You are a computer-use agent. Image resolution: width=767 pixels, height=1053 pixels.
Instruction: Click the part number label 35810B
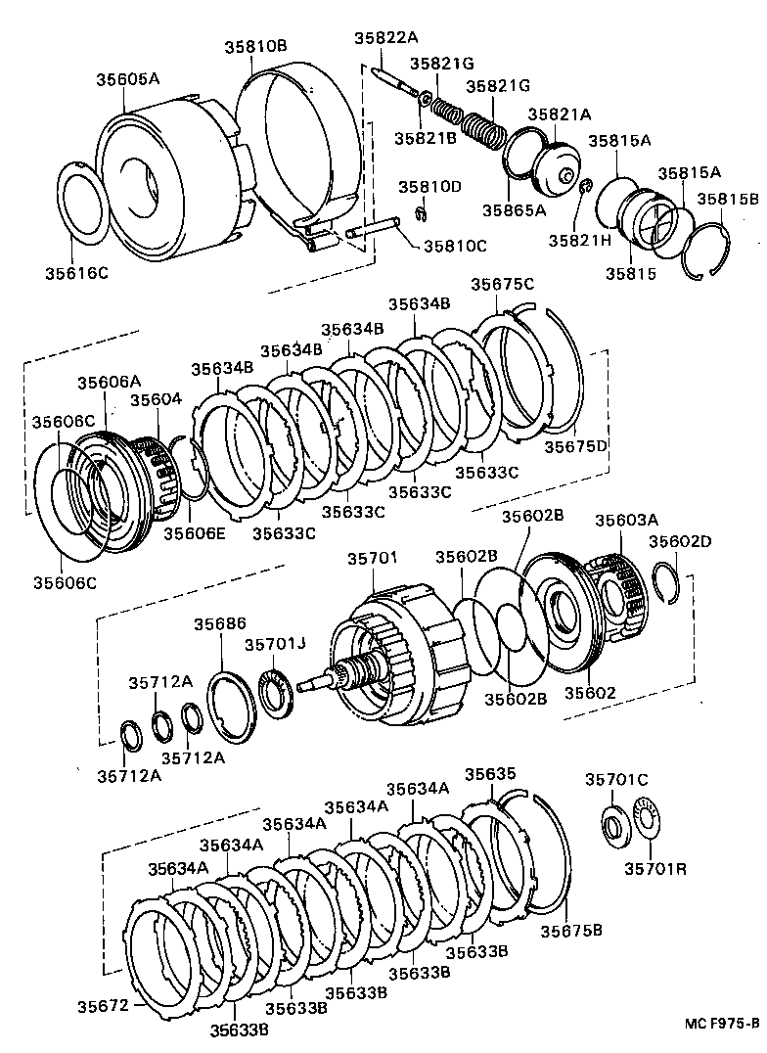click(x=255, y=46)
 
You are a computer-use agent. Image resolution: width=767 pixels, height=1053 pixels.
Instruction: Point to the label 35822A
click(x=385, y=38)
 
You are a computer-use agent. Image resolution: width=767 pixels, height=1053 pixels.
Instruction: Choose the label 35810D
click(x=429, y=186)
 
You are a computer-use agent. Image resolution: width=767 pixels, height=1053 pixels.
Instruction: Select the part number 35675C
click(x=502, y=284)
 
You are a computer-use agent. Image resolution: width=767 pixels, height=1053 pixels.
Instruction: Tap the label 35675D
click(x=575, y=446)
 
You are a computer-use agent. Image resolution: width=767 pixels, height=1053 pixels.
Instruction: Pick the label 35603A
click(x=626, y=521)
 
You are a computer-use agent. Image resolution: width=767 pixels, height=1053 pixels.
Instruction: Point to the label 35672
click(x=103, y=1005)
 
